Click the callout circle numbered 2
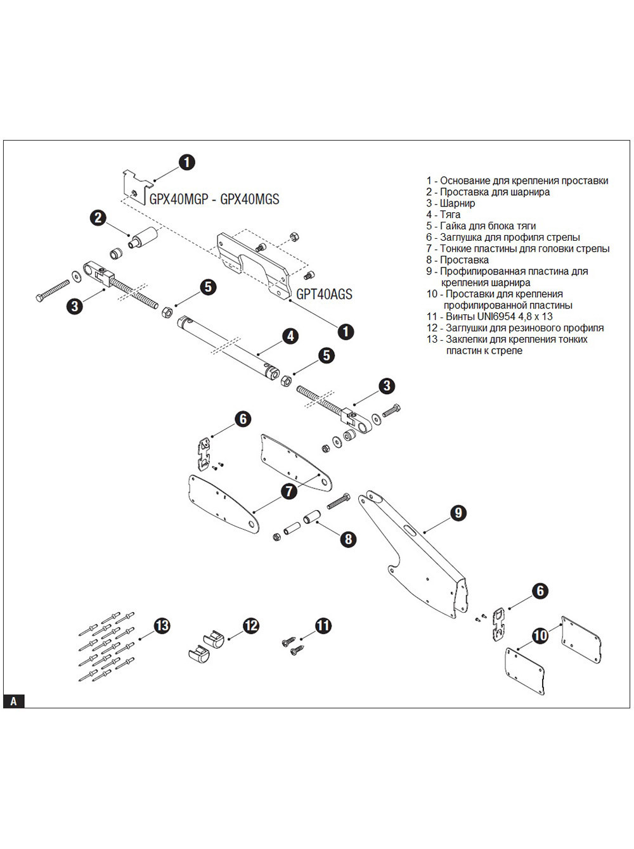pos(98,218)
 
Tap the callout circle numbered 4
pos(290,336)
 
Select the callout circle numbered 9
pos(458,513)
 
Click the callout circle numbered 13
pos(162,625)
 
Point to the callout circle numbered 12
pos(251,625)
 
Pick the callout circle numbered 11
pos(323,626)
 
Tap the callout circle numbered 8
pos(348,539)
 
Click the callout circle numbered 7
pos(289,491)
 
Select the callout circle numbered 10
pos(540,635)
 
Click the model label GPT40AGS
pos(324,295)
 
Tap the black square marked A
pos(13,701)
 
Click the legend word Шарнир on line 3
pos(458,203)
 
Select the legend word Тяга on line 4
pos(450,215)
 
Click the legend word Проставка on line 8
pos(465,260)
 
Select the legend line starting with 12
pos(515,328)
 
